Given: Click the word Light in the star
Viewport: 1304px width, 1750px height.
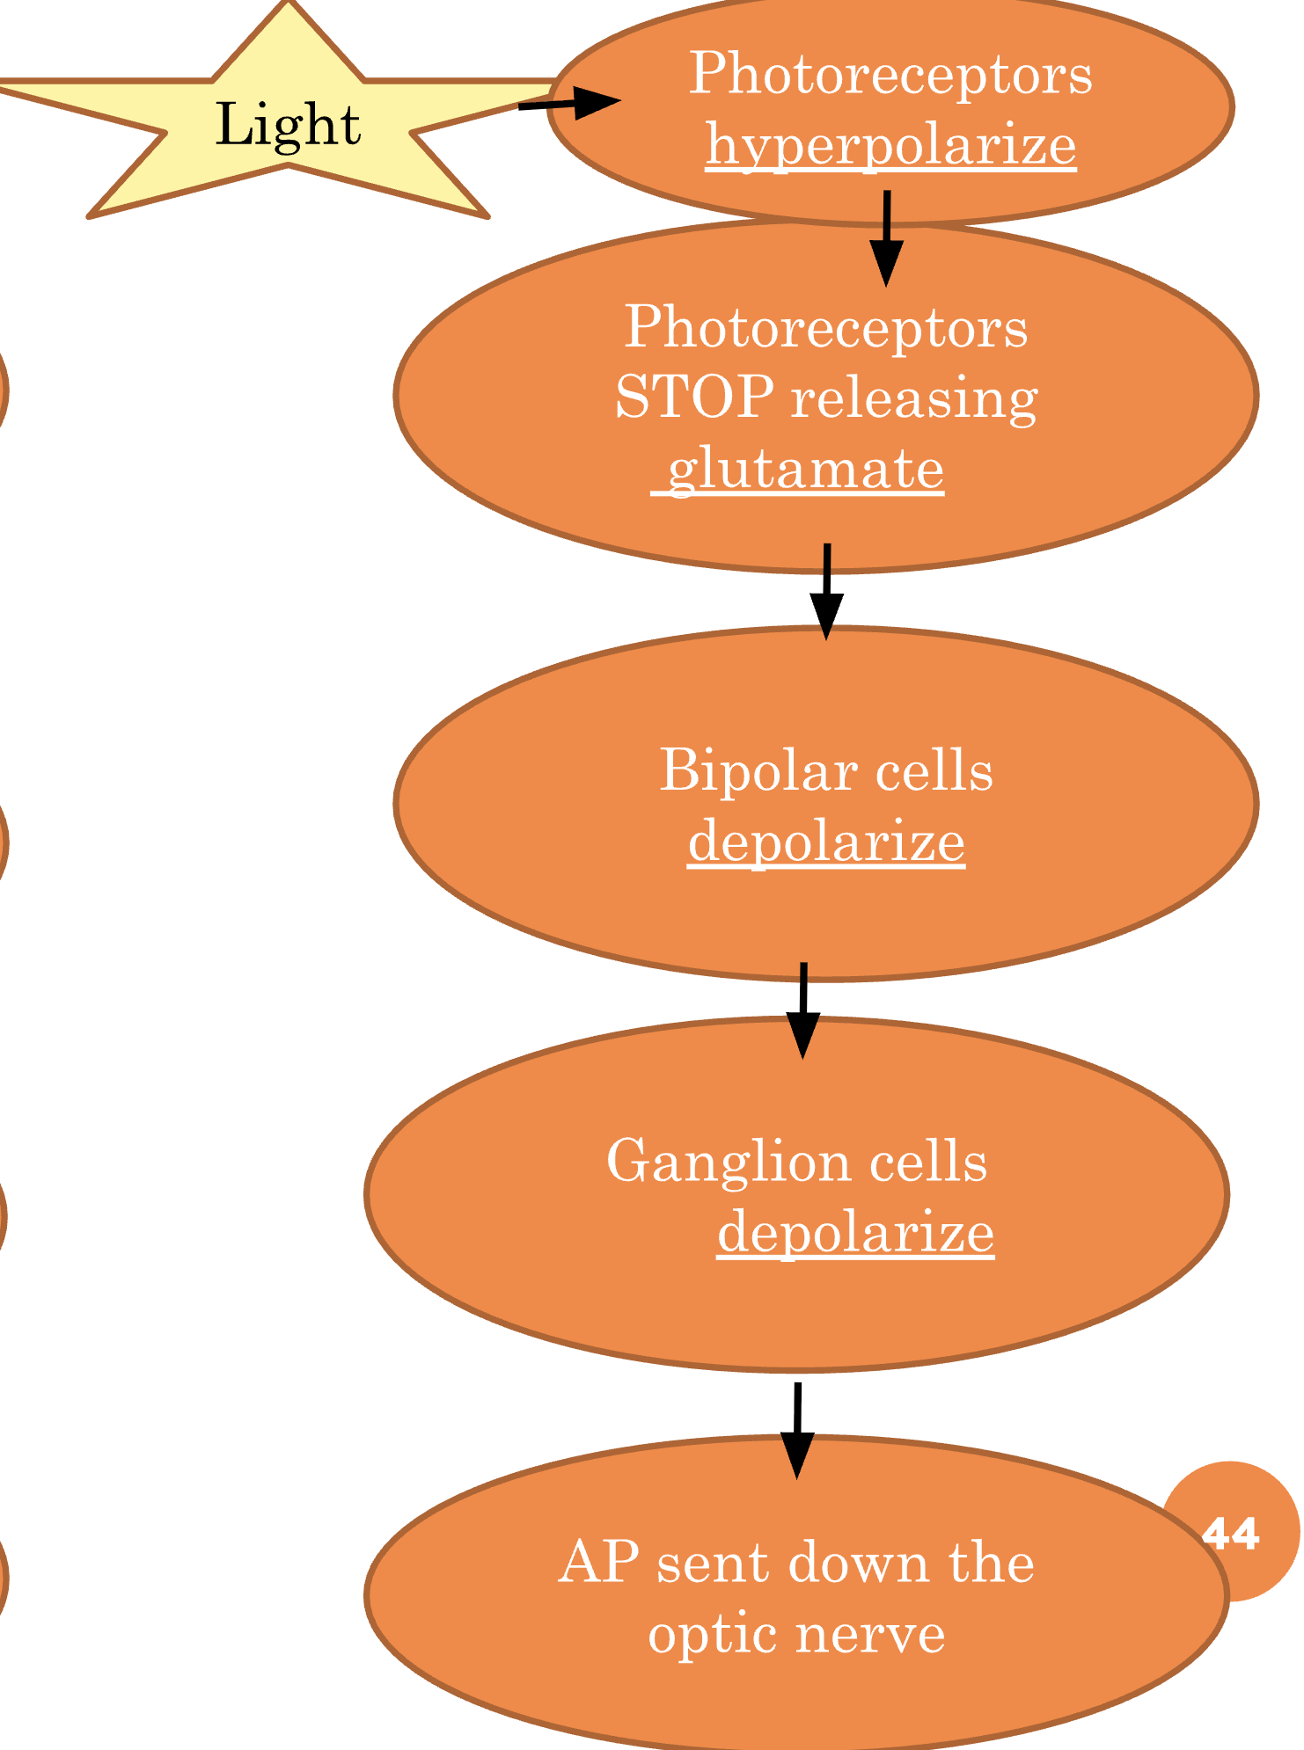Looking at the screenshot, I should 288,125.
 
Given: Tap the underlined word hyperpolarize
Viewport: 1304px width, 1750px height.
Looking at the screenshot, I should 890,146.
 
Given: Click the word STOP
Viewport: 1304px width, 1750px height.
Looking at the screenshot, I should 694,397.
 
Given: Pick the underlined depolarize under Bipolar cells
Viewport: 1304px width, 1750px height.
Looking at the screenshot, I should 826,842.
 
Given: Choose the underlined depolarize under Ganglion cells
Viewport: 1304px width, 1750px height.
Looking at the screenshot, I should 855,1233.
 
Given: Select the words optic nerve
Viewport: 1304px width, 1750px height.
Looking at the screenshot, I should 796,1634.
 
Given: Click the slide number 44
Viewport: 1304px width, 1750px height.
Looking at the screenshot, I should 1232,1535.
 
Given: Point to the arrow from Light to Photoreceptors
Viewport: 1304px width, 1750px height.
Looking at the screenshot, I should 568,103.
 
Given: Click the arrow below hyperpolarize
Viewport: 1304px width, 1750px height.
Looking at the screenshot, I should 886,237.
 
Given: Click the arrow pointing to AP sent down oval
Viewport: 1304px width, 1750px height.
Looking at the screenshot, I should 797,1430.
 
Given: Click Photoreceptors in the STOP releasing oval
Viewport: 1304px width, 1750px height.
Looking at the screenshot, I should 825,328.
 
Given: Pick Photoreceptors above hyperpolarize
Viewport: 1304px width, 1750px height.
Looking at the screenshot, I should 890,74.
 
